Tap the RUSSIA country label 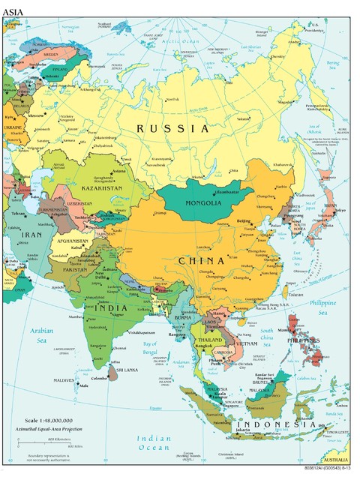[x=172, y=128]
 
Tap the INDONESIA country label [x=267, y=424]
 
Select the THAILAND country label [x=187, y=338]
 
